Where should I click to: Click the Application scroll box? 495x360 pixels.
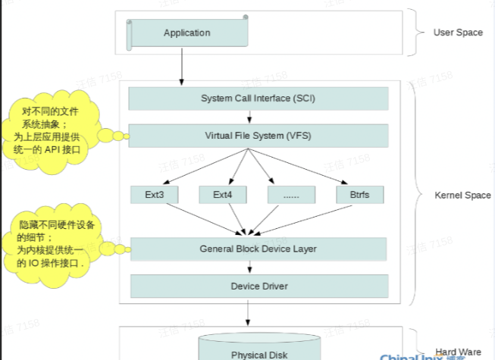tap(186, 33)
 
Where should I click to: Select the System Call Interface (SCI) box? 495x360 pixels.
tap(258, 99)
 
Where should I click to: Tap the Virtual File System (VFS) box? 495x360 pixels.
tap(258, 136)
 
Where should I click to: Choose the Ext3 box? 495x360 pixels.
tap(155, 195)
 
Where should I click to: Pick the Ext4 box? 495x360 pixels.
tap(222, 195)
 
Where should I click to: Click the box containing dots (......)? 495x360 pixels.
tap(291, 195)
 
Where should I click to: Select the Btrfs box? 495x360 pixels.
tap(360, 195)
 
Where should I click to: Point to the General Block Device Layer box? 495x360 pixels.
tap(258, 249)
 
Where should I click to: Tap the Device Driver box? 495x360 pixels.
tap(258, 286)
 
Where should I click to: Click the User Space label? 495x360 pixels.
tap(457, 33)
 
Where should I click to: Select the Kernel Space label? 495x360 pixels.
tap(462, 196)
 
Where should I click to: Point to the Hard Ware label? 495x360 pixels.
tap(457, 352)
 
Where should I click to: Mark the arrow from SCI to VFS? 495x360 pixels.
tap(249, 117)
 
